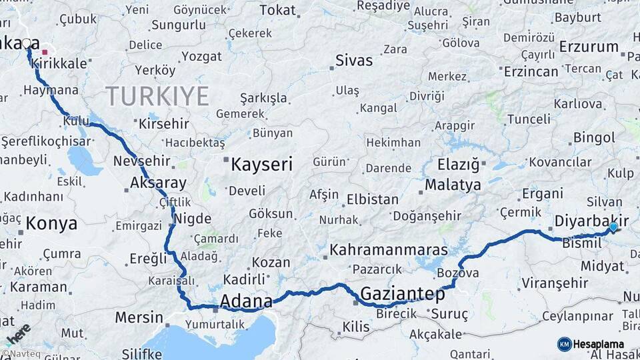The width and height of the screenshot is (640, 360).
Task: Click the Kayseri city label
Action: point(261,164)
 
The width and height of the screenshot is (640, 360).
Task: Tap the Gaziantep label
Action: point(402,294)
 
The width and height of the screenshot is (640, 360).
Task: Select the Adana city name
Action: point(246,301)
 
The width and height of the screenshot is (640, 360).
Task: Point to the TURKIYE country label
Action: point(157,97)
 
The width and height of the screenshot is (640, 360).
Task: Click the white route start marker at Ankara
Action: point(27,43)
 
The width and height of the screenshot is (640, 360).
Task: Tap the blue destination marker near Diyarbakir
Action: point(613,228)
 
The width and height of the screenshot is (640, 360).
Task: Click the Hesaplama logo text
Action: point(599,344)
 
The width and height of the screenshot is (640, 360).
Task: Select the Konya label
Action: point(51,223)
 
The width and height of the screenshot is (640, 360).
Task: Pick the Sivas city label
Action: point(353,60)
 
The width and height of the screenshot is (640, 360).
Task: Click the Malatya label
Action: point(453,184)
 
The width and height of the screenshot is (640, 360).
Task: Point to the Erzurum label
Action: point(589,47)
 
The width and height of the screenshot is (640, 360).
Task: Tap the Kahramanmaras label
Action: point(389,250)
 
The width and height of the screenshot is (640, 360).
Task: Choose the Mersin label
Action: point(139,317)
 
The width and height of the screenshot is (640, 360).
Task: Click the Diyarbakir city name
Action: point(592,221)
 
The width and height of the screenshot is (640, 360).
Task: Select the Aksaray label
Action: point(158,182)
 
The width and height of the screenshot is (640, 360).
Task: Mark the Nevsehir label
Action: point(143,161)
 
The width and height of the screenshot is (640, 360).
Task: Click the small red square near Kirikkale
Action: point(45,51)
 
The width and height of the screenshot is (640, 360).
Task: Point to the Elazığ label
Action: point(459,164)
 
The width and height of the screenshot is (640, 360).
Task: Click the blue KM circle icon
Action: point(564,344)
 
